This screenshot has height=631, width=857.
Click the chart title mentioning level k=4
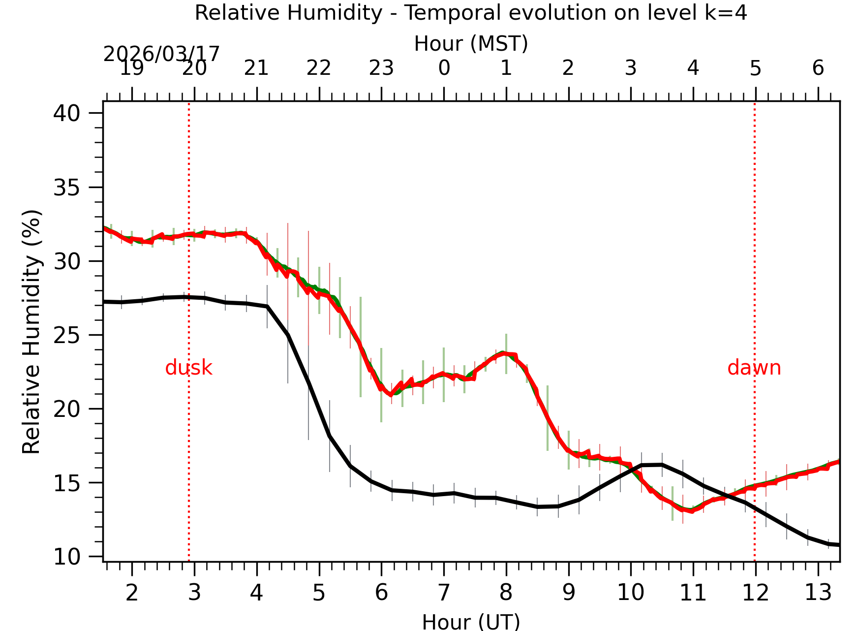(x=471, y=13)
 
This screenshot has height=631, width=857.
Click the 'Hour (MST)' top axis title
(x=471, y=44)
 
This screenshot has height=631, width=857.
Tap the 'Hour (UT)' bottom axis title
(x=471, y=622)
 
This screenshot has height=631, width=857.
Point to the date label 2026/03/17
(x=161, y=54)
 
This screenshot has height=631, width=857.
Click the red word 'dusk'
(x=188, y=368)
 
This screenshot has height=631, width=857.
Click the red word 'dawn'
(x=754, y=368)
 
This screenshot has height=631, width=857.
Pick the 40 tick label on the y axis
(x=66, y=114)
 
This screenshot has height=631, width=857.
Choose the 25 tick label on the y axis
(x=66, y=335)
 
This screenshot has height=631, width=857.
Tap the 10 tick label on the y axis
(x=66, y=557)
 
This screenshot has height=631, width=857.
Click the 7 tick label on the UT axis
(x=444, y=593)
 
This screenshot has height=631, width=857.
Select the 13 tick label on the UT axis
(x=818, y=593)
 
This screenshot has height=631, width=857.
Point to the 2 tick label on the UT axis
(x=132, y=593)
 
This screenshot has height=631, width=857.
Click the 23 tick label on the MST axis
(x=381, y=68)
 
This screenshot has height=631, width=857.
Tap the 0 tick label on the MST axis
(x=444, y=68)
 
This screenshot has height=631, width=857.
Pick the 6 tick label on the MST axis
(x=818, y=68)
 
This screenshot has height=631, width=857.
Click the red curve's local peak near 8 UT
(x=504, y=353)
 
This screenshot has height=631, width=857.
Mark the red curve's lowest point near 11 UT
(x=692, y=511)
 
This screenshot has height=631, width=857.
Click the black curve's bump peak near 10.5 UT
(x=662, y=464)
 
